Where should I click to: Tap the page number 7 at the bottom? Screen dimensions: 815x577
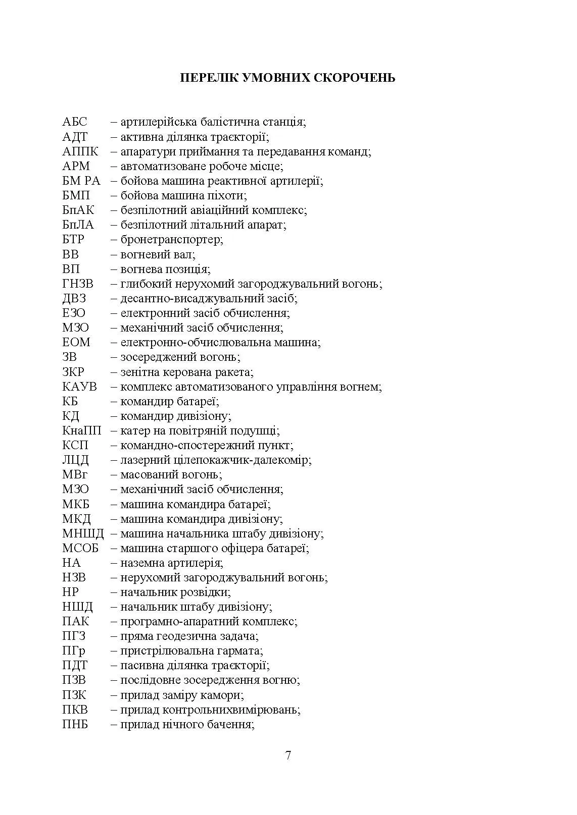[288, 755]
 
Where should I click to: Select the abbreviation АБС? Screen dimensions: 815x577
[75, 122]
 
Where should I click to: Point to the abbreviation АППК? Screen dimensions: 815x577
[80, 151]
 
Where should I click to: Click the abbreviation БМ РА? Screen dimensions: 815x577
[81, 181]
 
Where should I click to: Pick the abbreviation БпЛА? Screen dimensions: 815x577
[78, 225]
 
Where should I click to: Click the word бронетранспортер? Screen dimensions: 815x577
[171, 240]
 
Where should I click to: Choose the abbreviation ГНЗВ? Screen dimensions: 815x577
[78, 284]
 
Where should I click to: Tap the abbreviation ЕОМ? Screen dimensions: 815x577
[76, 343]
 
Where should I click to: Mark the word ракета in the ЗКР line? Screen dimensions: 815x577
[235, 372]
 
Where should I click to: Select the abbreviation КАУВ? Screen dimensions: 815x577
[80, 387]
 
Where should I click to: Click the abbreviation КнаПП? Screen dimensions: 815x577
[82, 431]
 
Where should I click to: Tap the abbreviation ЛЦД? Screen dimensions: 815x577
[76, 460]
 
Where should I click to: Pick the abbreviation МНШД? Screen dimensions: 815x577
[83, 533]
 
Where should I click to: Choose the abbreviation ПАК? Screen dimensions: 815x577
[76, 622]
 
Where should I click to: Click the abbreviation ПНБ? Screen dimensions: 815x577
[75, 725]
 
